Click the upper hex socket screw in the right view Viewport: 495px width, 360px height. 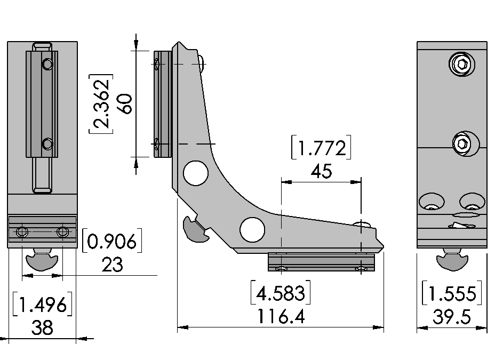[x=462, y=65]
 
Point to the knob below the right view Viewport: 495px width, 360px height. [x=452, y=261]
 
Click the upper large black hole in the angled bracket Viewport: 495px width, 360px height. [x=196, y=173]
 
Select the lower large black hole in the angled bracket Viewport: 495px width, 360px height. [x=252, y=229]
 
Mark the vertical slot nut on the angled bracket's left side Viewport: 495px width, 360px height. [x=162, y=104]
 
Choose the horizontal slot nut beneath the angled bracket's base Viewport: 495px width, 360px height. [x=321, y=262]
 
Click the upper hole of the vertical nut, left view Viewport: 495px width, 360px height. [x=47, y=65]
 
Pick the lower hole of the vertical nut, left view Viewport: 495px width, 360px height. [x=47, y=143]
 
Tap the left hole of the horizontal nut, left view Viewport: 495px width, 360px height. [x=22, y=232]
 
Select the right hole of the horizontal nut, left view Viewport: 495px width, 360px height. [x=62, y=232]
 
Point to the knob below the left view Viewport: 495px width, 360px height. [x=42, y=261]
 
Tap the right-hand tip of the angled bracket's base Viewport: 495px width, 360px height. [x=381, y=246]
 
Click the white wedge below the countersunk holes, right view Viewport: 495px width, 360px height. [x=461, y=226]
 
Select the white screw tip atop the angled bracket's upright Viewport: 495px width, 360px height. [x=201, y=62]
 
